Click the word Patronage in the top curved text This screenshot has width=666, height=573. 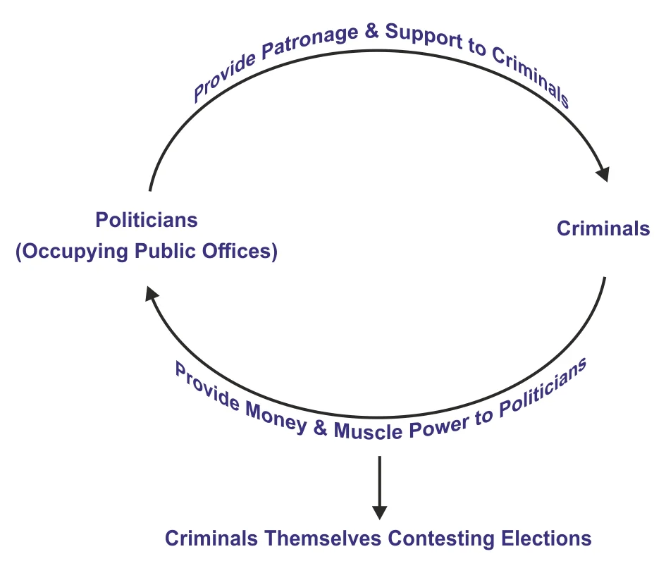tap(310, 42)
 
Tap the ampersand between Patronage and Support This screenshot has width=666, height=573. tap(371, 31)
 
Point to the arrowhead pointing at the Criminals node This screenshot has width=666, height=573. tap(604, 173)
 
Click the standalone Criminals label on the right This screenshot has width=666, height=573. tap(603, 228)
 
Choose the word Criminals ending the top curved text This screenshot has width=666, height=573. tap(531, 76)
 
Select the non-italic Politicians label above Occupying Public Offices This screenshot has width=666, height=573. tap(147, 220)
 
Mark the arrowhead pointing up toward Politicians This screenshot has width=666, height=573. tap(151, 293)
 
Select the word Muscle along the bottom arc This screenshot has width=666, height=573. tap(369, 431)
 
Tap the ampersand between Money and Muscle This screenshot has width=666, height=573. tap(320, 428)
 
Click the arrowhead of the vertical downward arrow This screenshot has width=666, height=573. tap(379, 512)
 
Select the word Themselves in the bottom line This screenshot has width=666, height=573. tap(323, 538)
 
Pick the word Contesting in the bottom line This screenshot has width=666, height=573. tap(441, 538)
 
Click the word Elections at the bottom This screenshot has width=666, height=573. tap(546, 538)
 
